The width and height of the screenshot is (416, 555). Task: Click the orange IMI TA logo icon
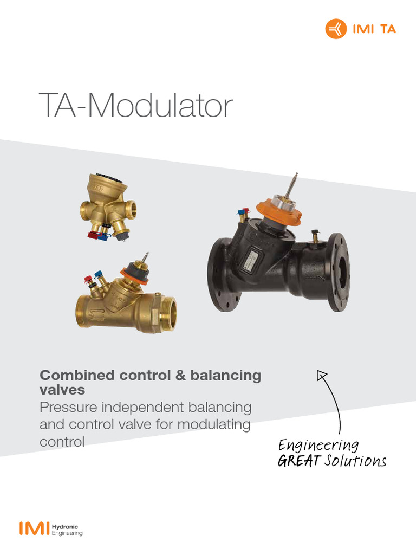click(335, 29)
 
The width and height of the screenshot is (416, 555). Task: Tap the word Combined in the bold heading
click(77, 375)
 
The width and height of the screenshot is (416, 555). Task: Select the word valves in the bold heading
click(62, 390)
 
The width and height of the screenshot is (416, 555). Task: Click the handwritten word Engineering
click(318, 446)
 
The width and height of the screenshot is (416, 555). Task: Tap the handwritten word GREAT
click(298, 462)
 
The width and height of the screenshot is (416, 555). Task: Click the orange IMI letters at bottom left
click(34, 529)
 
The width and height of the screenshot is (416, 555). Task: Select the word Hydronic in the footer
click(65, 526)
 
